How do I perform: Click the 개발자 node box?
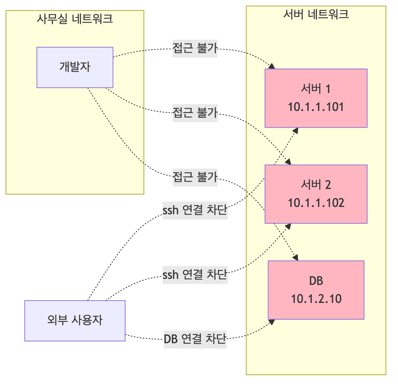pyautogui.click(x=75, y=67)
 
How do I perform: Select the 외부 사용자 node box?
pyautogui.click(x=75, y=321)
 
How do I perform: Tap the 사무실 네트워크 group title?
pyautogui.click(x=75, y=19)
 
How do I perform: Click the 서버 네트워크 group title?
pyautogui.click(x=316, y=14)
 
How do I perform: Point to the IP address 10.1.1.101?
pyautogui.click(x=316, y=107)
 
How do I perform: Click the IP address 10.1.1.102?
pyautogui.click(x=316, y=203)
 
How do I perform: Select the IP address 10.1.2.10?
pyautogui.click(x=316, y=299)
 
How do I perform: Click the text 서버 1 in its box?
pyautogui.click(x=316, y=89)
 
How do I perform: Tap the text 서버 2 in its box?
pyautogui.click(x=316, y=185)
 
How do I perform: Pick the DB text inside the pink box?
pyautogui.click(x=316, y=281)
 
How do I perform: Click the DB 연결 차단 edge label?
pyautogui.click(x=195, y=339)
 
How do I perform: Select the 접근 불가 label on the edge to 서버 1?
pyautogui.click(x=195, y=48)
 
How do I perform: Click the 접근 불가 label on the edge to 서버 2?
pyautogui.click(x=195, y=113)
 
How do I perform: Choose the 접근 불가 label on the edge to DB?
pyautogui.click(x=195, y=177)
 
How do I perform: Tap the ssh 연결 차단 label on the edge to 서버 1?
pyautogui.click(x=195, y=210)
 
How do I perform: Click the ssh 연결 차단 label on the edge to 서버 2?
pyautogui.click(x=195, y=275)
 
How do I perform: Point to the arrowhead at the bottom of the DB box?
pyautogui.click(x=272, y=322)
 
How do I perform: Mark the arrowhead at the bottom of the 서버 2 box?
pyautogui.click(x=288, y=226)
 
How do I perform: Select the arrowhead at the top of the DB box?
pyautogui.click(x=295, y=258)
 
